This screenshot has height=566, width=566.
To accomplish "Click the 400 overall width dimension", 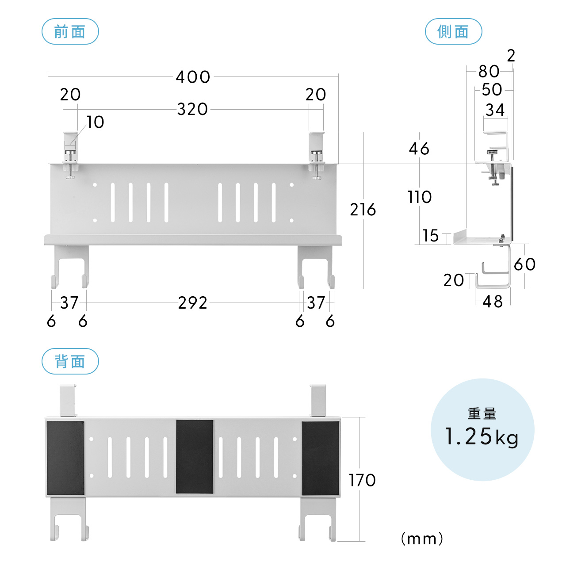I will [x=193, y=77].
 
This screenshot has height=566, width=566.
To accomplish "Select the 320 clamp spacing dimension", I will [x=192, y=109].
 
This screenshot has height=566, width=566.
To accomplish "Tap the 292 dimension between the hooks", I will [x=192, y=303].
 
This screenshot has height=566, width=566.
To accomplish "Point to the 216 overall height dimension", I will [x=363, y=210].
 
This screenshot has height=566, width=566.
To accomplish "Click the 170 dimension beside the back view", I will [x=362, y=480].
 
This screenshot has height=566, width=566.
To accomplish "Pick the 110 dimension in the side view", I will [x=419, y=197].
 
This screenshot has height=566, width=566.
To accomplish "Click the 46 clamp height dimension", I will [x=419, y=149].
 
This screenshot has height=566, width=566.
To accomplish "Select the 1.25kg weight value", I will [x=482, y=437].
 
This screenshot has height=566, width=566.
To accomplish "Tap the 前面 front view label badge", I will [x=70, y=32].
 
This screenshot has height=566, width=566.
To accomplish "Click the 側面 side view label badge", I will [x=453, y=32].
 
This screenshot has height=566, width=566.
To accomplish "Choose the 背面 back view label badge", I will [x=70, y=362].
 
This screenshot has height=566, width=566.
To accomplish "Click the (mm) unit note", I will [x=422, y=539].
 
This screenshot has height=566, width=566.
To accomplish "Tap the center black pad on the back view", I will [x=195, y=456].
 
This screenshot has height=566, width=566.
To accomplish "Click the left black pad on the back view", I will [x=65, y=458].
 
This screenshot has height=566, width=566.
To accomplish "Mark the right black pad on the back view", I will [x=321, y=458].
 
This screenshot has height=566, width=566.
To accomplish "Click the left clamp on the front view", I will [x=70, y=155].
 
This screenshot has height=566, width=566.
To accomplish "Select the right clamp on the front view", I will [x=317, y=155].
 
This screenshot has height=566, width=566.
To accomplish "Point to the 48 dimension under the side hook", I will [x=493, y=302].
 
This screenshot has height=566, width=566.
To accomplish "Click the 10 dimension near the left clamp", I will [x=95, y=122].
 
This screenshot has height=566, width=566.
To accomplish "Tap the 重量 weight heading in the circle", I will [x=482, y=414].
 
